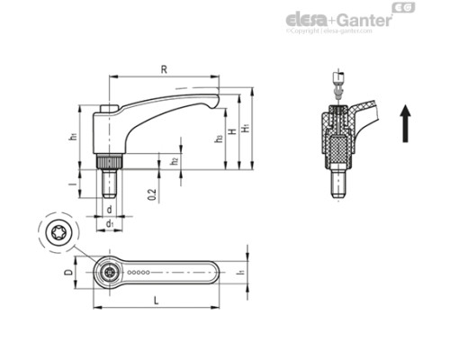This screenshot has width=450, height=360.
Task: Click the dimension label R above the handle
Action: click(163, 68)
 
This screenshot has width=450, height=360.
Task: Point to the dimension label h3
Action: click(219, 139)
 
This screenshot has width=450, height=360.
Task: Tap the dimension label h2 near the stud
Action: click(175, 161)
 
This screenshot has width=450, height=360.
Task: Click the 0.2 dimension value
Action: click(154, 192)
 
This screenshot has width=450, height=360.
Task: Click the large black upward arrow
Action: click(406, 122)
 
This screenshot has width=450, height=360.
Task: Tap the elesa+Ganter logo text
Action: click(338, 19)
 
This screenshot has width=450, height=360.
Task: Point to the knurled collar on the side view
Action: click(109, 165)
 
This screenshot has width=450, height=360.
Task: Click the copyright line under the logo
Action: click(328, 31)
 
